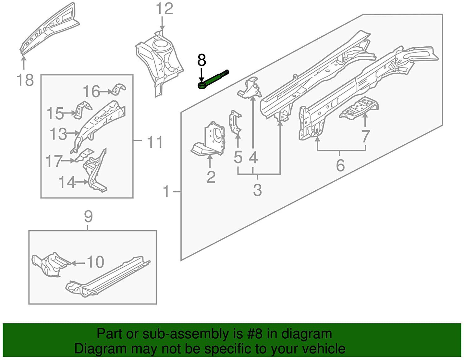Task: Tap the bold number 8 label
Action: tap(201, 60)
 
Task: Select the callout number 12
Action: tap(164, 9)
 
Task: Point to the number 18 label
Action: tap(25, 80)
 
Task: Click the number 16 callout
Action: tap(91, 91)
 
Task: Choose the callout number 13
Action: tap(58, 134)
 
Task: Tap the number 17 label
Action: tap(54, 161)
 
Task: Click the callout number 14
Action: tap(67, 182)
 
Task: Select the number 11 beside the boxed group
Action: tap(155, 142)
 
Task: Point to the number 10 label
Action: tap(95, 262)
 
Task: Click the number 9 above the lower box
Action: tap(88, 217)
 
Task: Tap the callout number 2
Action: tap(211, 177)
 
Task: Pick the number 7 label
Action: tap(365, 136)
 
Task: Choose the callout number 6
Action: tap(340, 165)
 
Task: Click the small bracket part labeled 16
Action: tap(119, 89)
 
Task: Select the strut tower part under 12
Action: tap(159, 62)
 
